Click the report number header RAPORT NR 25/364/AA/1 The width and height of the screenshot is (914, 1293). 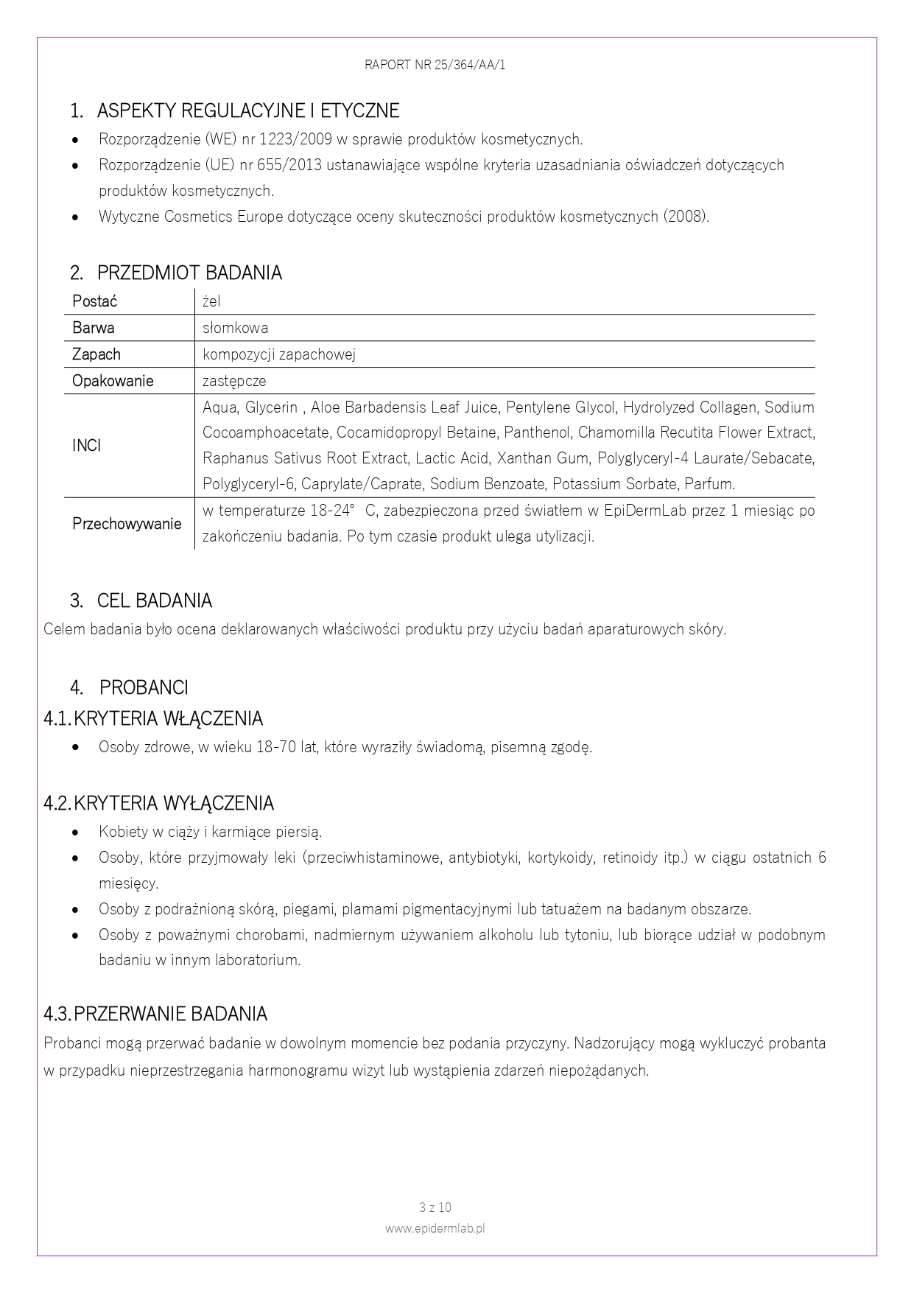435,65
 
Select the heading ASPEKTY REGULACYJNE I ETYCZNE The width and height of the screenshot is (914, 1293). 247,111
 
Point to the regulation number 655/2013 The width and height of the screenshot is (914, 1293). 289,165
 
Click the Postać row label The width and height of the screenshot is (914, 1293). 94,301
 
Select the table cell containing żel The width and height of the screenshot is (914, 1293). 211,301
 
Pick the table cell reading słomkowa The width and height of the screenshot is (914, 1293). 235,328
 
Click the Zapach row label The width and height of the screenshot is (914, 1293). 96,354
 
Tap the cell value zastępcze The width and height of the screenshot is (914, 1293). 234,381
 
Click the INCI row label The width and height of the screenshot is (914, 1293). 86,446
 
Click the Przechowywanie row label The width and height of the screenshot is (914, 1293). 127,524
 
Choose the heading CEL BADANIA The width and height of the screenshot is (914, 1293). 154,600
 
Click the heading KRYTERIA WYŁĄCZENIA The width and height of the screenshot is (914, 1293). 174,803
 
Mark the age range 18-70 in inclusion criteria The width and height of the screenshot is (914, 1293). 276,747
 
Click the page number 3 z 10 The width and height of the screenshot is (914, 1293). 435,1208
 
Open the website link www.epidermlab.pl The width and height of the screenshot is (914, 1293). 435,1228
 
